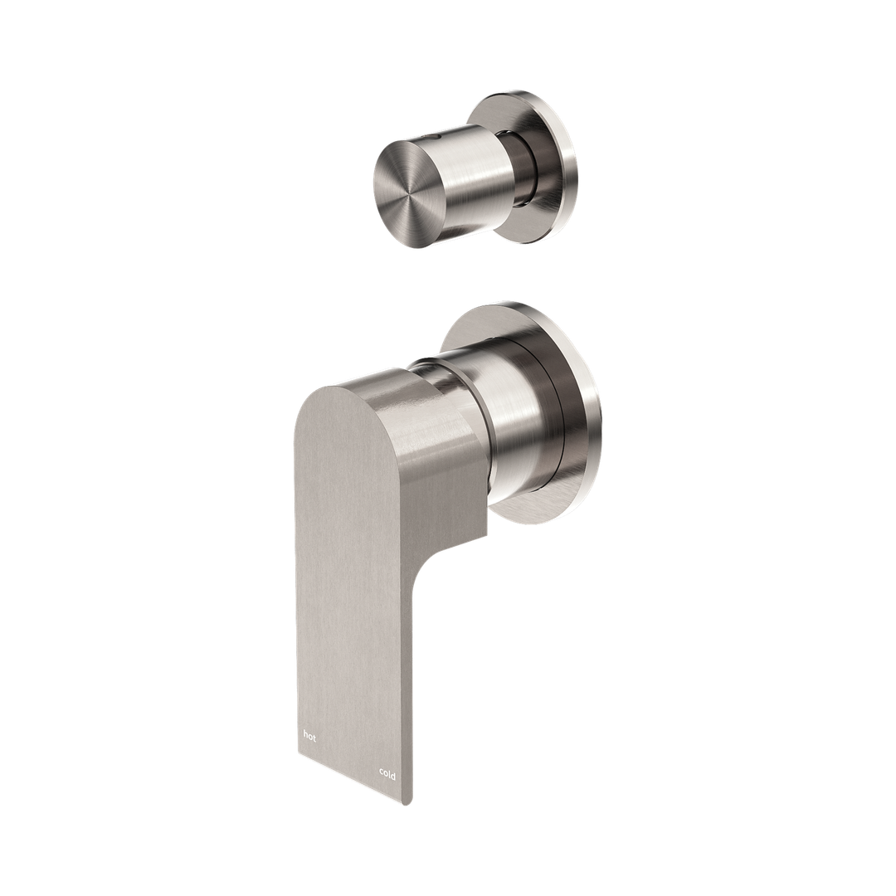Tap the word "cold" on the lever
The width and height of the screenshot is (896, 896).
point(387,774)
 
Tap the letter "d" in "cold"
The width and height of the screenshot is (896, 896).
point(393,775)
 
